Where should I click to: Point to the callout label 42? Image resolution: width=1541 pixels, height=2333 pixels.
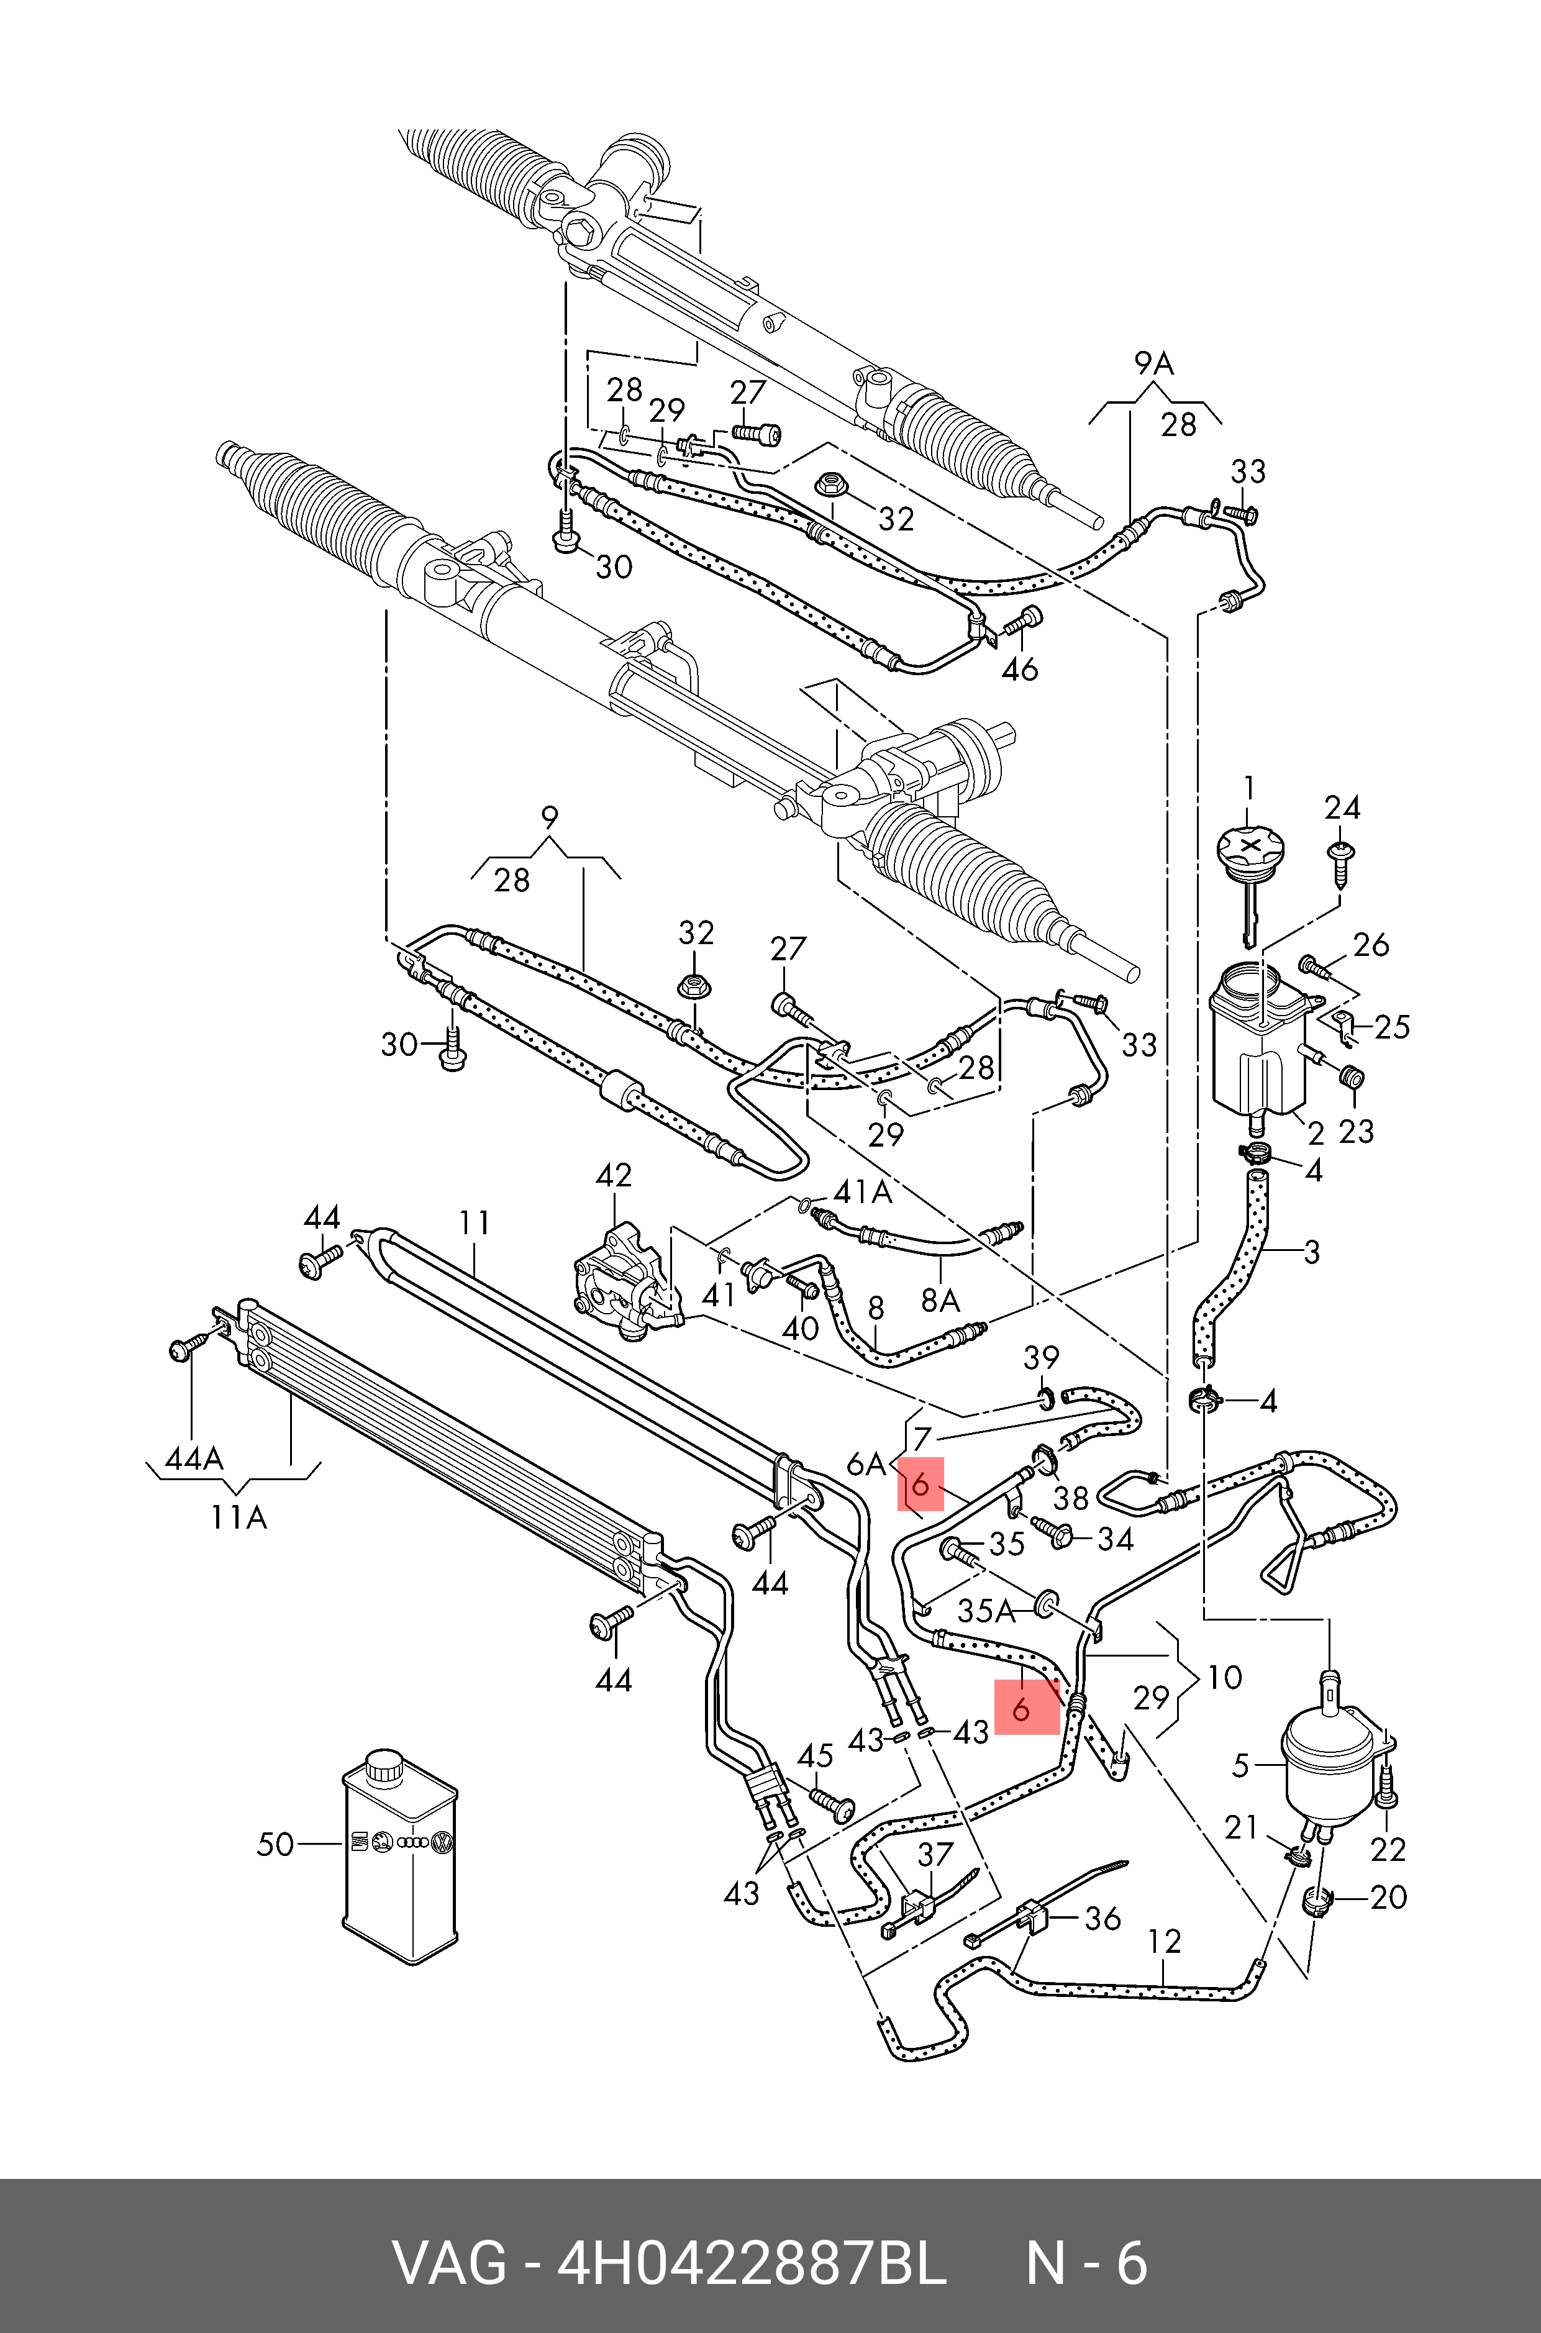[614, 1175]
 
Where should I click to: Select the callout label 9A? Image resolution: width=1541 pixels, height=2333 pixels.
[1154, 363]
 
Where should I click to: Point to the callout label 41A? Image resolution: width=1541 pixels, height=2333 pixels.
[862, 1192]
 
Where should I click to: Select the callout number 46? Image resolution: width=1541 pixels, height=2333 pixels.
[1019, 669]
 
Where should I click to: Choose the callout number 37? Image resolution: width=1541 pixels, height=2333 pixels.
[935, 1854]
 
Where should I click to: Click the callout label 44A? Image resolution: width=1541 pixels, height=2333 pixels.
[194, 1459]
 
